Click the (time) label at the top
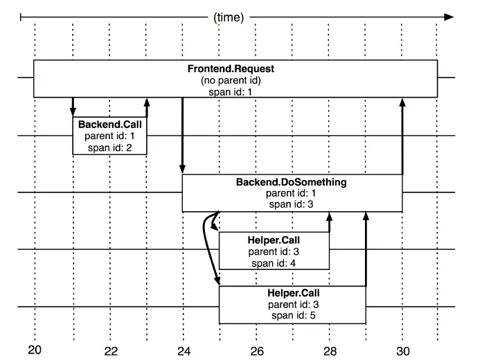point(229,17)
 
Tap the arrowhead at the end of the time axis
point(449,17)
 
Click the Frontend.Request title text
point(231,69)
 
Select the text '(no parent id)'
point(231,80)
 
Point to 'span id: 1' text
point(230,92)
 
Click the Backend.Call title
point(109,125)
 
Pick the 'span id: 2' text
point(109,147)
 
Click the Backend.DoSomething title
point(291,182)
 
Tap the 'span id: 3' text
point(291,204)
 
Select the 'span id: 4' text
point(274,264)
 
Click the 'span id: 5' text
point(293,316)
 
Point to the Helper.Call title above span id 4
point(274,240)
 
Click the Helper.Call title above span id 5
point(293,293)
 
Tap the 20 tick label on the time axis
point(35,350)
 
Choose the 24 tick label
point(184,351)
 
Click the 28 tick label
point(330,351)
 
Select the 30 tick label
point(402,351)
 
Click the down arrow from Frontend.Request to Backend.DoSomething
point(183,136)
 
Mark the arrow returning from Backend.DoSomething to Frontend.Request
point(402,136)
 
